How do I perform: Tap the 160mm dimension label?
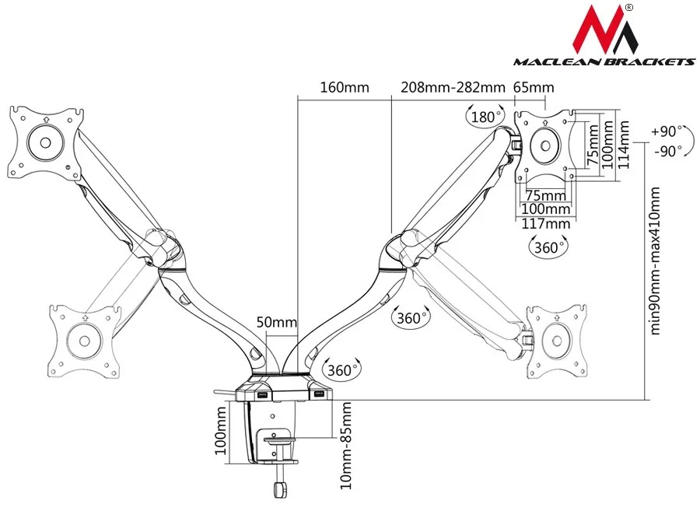click(345, 87)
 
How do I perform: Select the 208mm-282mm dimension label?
click(453, 87)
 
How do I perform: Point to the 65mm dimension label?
click(534, 87)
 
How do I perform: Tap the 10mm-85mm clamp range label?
click(346, 446)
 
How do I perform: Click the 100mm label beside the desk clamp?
click(221, 433)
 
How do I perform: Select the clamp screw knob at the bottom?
click(278, 489)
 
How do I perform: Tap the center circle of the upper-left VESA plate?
click(45, 142)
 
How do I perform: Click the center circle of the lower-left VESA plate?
click(83, 339)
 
